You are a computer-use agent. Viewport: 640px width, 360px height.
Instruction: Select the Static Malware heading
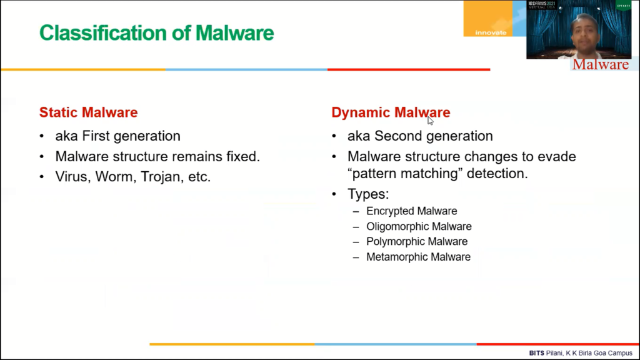coord(89,112)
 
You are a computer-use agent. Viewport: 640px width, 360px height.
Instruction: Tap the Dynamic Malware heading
coord(391,112)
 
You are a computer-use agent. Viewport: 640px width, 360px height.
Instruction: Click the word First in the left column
coord(97,136)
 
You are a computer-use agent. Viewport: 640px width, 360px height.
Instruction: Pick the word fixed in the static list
coord(243,156)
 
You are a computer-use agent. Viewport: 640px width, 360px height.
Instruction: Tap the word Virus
coord(73,177)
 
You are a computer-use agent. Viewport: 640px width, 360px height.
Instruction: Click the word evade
coord(558,156)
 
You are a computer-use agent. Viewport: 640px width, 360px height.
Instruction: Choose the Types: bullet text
coord(368,194)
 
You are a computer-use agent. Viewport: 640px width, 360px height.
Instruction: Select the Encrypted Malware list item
coord(411,211)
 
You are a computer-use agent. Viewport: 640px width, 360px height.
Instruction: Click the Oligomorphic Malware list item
coord(419,226)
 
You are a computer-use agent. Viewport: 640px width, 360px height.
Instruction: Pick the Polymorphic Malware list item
coord(417,242)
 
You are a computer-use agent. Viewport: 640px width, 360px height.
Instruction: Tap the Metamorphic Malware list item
coord(418,257)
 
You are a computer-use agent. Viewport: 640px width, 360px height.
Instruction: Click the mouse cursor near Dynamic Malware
coord(430,121)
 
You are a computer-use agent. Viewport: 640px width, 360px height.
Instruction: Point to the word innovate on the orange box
coord(491,32)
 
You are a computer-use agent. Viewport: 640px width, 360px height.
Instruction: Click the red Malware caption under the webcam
coord(601,64)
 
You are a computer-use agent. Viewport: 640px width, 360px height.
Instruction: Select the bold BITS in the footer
coord(536,353)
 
